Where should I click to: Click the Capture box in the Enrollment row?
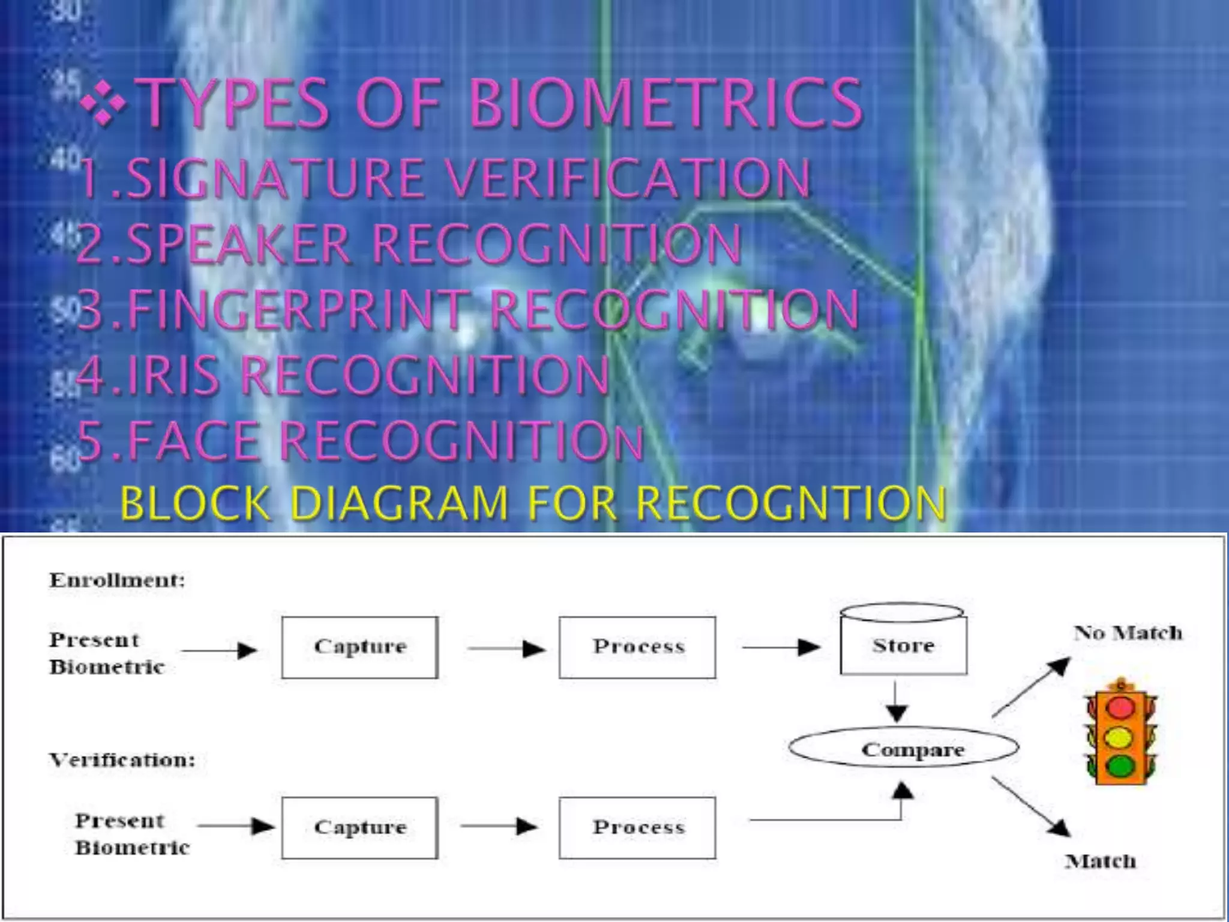tap(360, 647)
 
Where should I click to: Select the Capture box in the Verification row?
tap(360, 828)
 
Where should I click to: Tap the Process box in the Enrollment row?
tap(637, 647)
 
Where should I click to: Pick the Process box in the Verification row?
tap(637, 828)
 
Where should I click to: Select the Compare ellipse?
tap(904, 749)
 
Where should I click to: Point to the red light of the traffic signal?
tap(1120, 707)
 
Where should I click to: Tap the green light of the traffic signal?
tap(1120, 765)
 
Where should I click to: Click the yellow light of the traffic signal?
tap(1120, 737)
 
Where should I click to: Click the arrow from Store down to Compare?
tap(897, 702)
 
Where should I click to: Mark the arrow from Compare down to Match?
tap(1031, 806)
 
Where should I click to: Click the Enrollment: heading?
tap(118, 580)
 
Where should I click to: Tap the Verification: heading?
tap(122, 760)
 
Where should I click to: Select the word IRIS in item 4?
tap(173, 375)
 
